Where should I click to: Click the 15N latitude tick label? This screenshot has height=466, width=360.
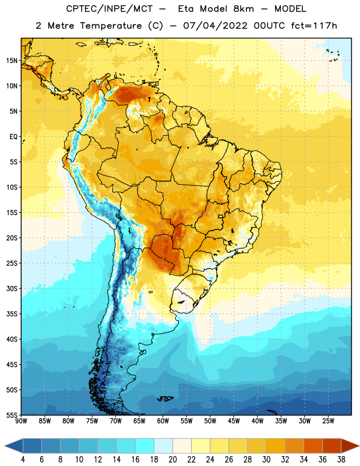point(12,61)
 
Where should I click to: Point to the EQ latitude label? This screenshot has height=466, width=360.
point(13,137)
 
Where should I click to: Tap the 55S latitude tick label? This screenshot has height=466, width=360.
point(12,415)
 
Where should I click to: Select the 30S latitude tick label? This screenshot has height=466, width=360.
point(12,288)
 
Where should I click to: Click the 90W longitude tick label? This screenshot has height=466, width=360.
point(21,421)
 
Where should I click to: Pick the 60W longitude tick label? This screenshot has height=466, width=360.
point(163,421)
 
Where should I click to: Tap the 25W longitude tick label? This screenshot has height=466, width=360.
point(328,421)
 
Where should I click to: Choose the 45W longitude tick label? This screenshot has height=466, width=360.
point(234,421)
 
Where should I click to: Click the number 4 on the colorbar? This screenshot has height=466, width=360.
point(23,460)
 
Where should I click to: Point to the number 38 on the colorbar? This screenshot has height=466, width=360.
point(341,460)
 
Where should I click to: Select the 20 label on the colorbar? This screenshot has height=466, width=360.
point(172,460)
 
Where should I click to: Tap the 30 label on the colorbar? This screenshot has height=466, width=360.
point(266,460)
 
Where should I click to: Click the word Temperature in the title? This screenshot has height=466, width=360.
point(111,26)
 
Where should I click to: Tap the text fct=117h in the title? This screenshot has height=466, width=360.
point(314,26)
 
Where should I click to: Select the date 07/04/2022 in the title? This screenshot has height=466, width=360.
point(215,26)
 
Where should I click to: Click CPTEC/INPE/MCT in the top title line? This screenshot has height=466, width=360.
point(110,9)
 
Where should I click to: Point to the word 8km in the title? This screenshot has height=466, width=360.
point(243,9)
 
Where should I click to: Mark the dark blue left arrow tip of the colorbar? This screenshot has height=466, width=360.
point(5,446)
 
